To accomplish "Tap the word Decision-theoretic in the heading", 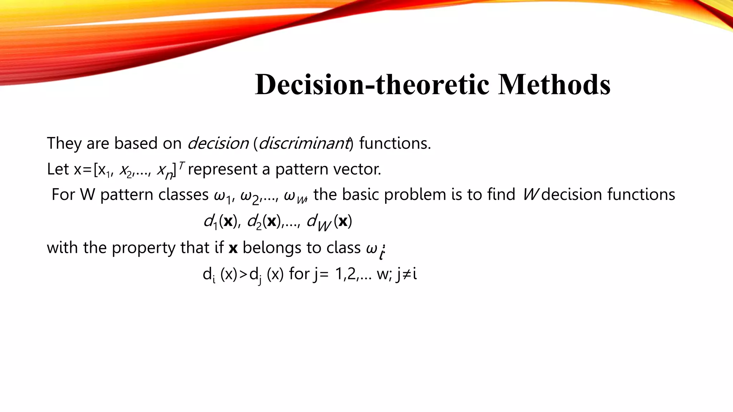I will (x=372, y=85).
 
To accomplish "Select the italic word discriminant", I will (x=304, y=143).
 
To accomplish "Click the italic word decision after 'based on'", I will (x=218, y=143).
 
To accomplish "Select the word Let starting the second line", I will (x=58, y=169).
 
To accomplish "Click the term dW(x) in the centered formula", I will (x=329, y=222).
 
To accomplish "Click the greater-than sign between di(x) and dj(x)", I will (x=243, y=275).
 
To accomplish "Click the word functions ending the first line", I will (x=395, y=143).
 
